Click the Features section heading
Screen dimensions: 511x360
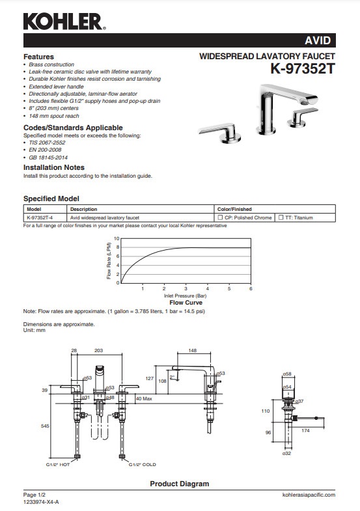(38, 57)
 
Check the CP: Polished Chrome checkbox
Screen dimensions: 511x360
(220, 217)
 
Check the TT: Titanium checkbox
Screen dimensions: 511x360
(281, 217)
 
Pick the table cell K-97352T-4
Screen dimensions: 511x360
(40, 217)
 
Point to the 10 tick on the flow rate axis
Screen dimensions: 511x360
(117, 239)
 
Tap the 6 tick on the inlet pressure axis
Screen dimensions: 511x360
(251, 288)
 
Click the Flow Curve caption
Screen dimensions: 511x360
(186, 303)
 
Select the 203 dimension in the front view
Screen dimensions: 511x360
(99, 351)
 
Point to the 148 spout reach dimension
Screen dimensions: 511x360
(193, 351)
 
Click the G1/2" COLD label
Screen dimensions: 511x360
(143, 465)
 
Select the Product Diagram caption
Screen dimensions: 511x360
(180, 484)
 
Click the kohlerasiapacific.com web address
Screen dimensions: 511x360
(309, 495)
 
